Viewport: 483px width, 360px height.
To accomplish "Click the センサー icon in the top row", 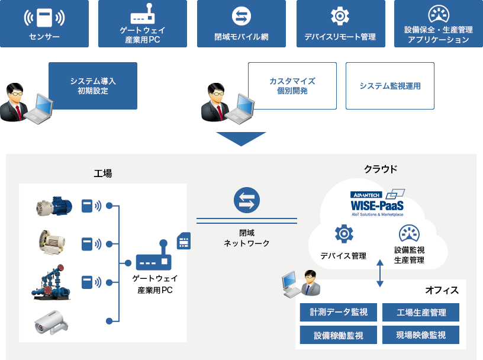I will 44,18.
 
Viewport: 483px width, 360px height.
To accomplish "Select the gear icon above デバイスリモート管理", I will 340,15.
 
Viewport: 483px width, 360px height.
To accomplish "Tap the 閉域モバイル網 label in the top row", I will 241,37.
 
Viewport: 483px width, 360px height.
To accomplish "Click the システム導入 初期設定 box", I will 93,86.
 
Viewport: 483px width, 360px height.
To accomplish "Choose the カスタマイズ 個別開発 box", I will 292,86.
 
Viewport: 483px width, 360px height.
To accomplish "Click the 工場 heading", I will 102,173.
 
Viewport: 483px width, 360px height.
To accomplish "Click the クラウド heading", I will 380,169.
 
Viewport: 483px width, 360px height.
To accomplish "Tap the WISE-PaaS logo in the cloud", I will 377,202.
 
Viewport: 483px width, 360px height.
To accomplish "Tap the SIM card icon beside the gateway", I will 183,240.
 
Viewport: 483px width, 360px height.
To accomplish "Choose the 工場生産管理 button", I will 421,312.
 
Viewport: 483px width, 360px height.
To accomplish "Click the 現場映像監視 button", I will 421,335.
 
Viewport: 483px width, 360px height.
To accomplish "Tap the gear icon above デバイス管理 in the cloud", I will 344,234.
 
